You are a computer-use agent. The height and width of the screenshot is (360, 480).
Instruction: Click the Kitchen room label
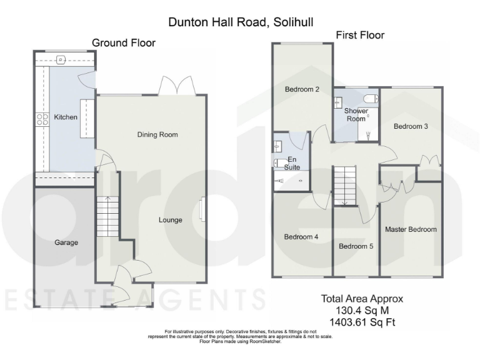tap(66, 117)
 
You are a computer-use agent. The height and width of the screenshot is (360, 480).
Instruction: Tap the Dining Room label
tap(157, 134)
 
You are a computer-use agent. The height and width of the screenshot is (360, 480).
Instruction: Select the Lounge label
tap(170, 220)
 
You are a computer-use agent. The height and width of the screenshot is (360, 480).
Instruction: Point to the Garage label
tap(66, 242)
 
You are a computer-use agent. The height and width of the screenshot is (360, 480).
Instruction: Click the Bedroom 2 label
tap(302, 89)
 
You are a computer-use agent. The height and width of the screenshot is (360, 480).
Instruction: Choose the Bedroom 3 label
tap(411, 126)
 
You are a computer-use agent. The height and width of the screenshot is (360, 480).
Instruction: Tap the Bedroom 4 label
tap(301, 237)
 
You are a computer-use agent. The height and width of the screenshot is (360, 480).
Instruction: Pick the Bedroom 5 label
tap(356, 246)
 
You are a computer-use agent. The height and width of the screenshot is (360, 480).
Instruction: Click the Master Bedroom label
tap(411, 229)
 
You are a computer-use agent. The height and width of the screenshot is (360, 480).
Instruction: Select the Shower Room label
tap(356, 115)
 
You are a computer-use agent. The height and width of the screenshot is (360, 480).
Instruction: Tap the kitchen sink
tap(61, 60)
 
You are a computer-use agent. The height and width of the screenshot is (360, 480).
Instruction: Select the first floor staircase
tap(344, 186)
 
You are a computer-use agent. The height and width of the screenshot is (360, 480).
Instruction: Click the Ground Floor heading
tap(124, 42)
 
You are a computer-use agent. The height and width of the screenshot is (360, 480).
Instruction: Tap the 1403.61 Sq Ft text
tap(362, 322)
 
